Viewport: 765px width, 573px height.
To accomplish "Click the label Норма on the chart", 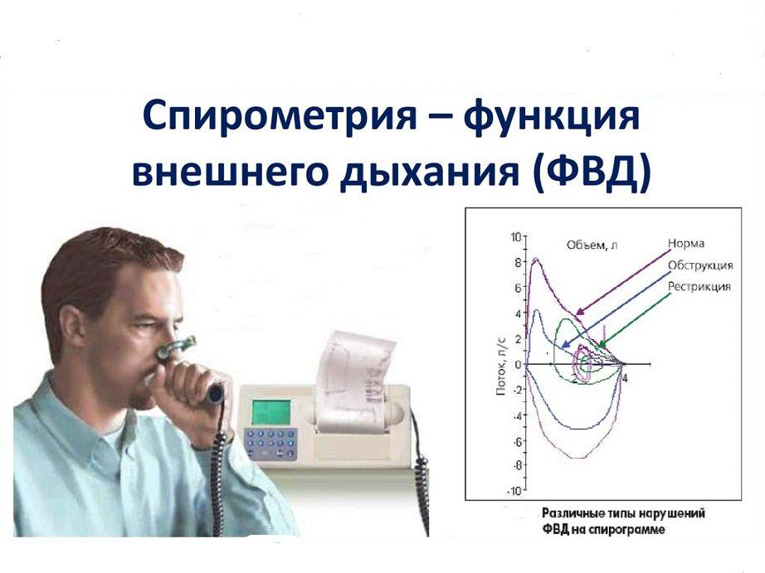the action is (x=685, y=243).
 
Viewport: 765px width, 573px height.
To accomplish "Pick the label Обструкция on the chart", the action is (x=700, y=265).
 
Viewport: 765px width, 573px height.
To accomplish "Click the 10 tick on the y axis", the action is (x=515, y=237).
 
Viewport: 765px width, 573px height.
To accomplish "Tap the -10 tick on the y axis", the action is (x=514, y=491).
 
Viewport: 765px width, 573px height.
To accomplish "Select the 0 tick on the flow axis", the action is (x=518, y=364).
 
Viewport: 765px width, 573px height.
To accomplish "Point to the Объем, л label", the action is (x=592, y=245).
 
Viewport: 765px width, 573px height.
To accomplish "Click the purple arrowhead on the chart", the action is (x=579, y=311).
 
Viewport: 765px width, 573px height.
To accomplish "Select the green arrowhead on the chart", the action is (x=602, y=344).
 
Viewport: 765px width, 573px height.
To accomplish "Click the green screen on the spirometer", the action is (x=270, y=411).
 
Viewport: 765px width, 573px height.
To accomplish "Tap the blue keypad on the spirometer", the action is (x=270, y=444).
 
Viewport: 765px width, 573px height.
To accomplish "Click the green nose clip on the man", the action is (x=176, y=347).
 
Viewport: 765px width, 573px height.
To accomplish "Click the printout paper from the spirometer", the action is (x=353, y=381).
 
